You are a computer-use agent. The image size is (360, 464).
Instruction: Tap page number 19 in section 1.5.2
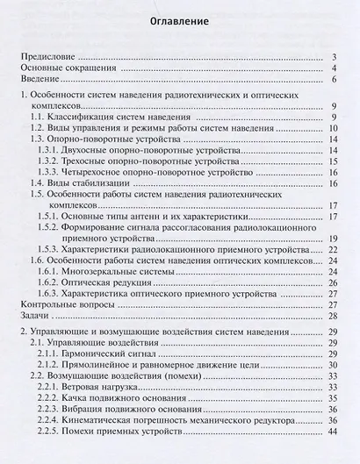[x=333, y=238]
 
